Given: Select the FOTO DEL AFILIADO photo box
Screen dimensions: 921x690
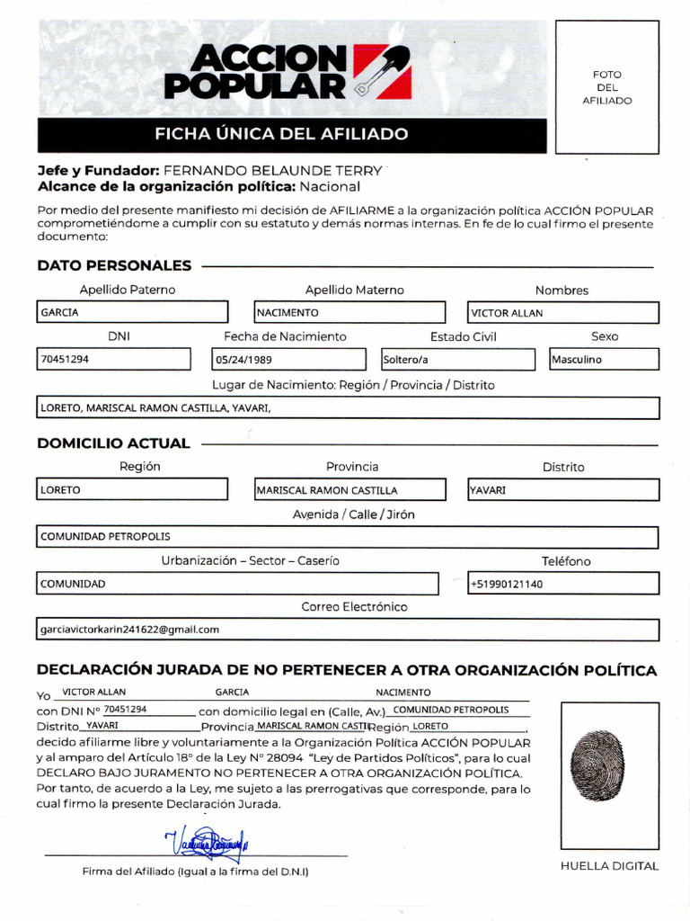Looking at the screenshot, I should click(606, 87).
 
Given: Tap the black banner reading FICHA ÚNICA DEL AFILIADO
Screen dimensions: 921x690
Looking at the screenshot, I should click(291, 135).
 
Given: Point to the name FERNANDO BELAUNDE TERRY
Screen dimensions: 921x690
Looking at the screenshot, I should click(272, 170).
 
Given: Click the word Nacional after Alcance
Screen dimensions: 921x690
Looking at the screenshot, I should click(330, 187).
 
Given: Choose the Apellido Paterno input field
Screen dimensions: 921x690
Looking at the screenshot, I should click(132, 313).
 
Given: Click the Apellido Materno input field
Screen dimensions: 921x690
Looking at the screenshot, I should click(349, 313).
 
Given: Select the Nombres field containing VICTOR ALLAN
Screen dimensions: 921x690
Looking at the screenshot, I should click(563, 313).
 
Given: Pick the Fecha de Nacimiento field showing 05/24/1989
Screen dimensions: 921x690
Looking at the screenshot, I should click(288, 360).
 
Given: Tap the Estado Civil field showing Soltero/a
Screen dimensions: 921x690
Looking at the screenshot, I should click(456, 360).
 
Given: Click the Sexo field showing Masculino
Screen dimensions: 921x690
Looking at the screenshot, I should click(604, 360).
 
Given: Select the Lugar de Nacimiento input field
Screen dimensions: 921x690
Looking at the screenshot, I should click(347, 407).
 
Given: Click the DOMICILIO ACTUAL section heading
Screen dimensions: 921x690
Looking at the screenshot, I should click(114, 443).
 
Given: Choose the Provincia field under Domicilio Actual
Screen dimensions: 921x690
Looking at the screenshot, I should click(349, 490).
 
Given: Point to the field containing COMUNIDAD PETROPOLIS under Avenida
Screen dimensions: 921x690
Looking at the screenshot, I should click(347, 537).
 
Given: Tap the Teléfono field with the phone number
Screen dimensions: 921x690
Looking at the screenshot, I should click(563, 584).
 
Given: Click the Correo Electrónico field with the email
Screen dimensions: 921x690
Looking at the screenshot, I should click(347, 630).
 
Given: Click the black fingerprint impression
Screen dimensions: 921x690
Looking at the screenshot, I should click(597, 765).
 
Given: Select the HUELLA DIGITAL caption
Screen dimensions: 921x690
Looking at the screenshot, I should click(609, 866).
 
